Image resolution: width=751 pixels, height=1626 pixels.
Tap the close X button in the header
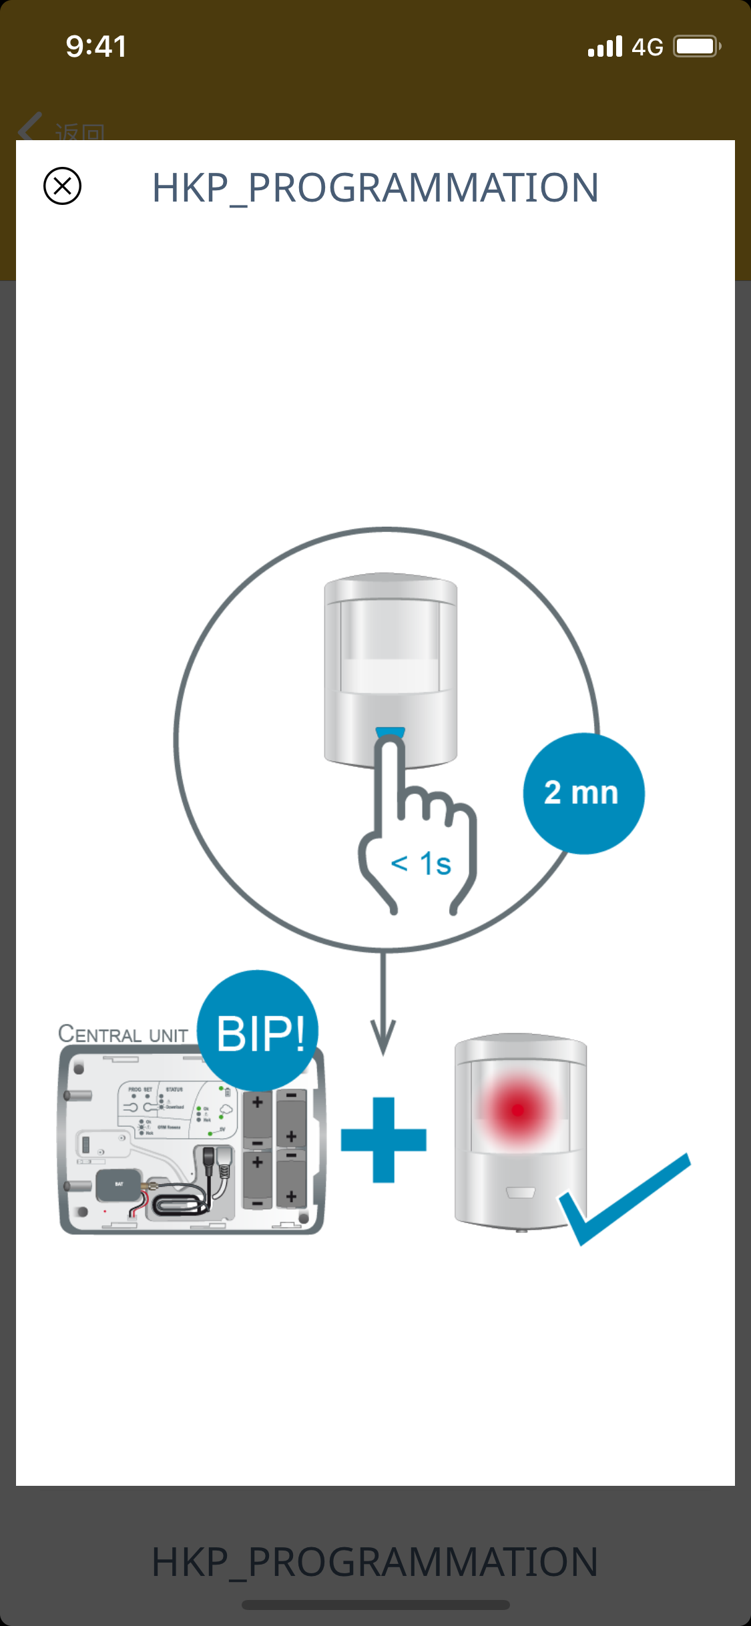62,186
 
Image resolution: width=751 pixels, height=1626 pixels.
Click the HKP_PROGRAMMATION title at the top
375,188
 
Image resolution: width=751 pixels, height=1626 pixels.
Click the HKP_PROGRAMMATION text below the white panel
375,1562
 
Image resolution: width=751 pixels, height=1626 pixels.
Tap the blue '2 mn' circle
583,793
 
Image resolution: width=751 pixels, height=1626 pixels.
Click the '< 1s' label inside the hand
421,864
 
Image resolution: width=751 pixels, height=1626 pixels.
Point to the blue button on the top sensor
391,732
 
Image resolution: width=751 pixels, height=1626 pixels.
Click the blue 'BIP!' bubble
259,1032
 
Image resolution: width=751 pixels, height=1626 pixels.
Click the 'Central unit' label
123,1034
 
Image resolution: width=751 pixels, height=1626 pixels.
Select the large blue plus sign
383,1139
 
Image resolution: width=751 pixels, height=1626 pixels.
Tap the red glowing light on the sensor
517,1110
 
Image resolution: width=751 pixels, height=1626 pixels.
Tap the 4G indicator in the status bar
647,47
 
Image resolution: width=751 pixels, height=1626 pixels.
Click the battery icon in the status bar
696,47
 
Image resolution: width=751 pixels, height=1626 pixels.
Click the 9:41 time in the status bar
96,47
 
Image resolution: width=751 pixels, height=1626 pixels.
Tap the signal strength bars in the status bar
605,47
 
